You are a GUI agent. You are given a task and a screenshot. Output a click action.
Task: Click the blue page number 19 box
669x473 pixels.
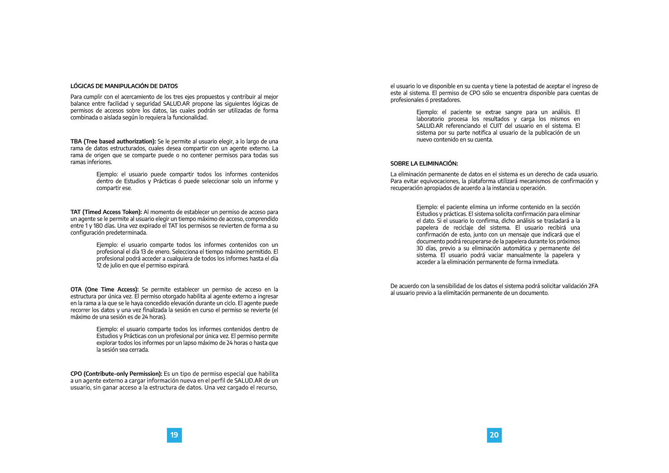pyautogui.click(x=174, y=435)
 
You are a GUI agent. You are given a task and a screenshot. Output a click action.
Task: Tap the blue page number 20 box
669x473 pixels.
pyautogui.click(x=494, y=435)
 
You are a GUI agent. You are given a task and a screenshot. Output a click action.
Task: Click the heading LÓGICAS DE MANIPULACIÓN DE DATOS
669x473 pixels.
pyautogui.click(x=124, y=86)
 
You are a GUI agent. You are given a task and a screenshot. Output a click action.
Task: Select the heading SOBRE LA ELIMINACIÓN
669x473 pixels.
pyautogui.click(x=424, y=164)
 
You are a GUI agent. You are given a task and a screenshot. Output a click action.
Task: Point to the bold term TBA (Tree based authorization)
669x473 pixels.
pyautogui.click(x=113, y=142)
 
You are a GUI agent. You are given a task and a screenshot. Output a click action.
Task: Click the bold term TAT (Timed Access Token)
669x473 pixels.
pyautogui.click(x=106, y=212)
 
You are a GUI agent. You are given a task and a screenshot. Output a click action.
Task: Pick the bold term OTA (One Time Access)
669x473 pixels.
pyautogui.click(x=104, y=290)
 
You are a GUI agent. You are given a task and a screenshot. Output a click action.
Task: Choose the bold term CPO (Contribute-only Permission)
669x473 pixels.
pyautogui.click(x=116, y=374)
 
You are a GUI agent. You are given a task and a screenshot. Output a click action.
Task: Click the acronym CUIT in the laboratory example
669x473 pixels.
pyautogui.click(x=496, y=126)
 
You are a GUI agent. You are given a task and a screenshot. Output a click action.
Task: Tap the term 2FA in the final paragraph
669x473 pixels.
pyautogui.click(x=593, y=286)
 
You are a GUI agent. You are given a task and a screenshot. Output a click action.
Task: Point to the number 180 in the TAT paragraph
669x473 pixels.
pyautogui.click(x=98, y=226)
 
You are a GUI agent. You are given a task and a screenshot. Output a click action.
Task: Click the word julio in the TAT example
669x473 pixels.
pyautogui.click(x=113, y=265)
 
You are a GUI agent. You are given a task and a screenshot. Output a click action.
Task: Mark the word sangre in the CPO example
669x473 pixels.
pyautogui.click(x=513, y=112)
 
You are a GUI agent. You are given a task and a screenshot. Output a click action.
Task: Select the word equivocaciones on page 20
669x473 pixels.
pyautogui.click(x=439, y=181)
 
